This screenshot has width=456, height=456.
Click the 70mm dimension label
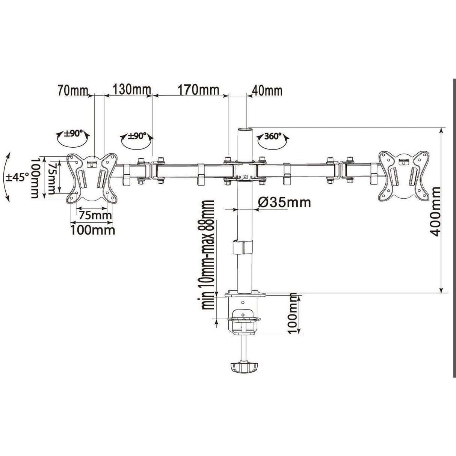(x=72, y=91)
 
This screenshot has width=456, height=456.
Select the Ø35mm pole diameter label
(x=284, y=202)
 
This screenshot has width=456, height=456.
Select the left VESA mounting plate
(x=91, y=178)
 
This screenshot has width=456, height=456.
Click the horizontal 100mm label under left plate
(x=92, y=229)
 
